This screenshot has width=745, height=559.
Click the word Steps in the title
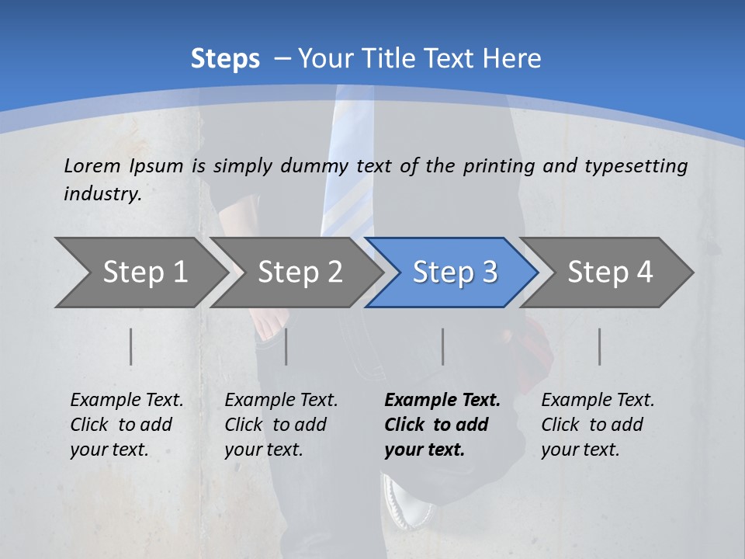pyautogui.click(x=225, y=59)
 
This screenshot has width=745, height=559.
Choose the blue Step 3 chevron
pyautogui.click(x=455, y=272)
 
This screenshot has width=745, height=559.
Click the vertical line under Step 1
pyautogui.click(x=131, y=346)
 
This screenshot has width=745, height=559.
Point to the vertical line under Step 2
pyautogui.click(x=286, y=346)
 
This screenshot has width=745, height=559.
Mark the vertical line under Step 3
pyautogui.click(x=442, y=346)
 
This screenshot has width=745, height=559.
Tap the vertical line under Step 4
pyautogui.click(x=599, y=346)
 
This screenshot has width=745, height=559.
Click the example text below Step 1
pyautogui.click(x=126, y=425)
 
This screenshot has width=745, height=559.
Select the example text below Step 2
pyautogui.click(x=281, y=425)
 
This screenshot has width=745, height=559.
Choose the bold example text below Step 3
pyautogui.click(x=442, y=425)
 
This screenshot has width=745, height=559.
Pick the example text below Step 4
pyautogui.click(x=598, y=425)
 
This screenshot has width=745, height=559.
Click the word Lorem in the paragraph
pyautogui.click(x=92, y=165)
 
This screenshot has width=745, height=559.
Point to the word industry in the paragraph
pyautogui.click(x=102, y=193)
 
